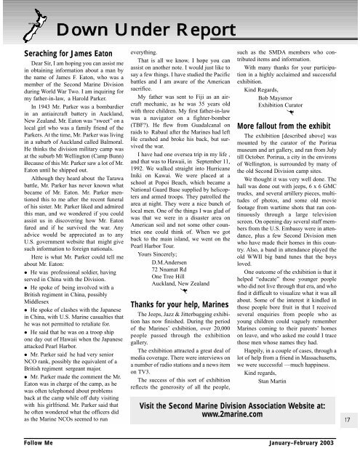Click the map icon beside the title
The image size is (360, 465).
(15, 29)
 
